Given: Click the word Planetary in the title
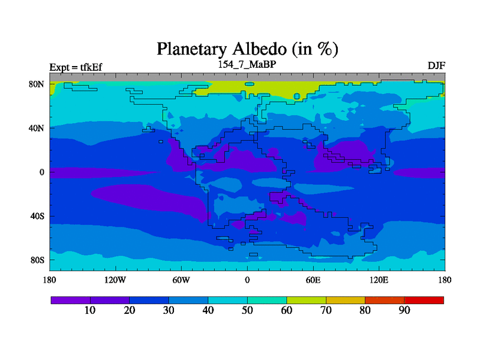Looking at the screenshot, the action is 192,50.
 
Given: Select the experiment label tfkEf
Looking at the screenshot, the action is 91,67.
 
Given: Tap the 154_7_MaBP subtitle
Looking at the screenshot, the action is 247,65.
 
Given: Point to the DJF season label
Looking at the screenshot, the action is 436,66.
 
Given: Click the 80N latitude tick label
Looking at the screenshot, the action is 37,84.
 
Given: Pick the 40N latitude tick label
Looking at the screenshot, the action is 37,128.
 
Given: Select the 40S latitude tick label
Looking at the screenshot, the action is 37,216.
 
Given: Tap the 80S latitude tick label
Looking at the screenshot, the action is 37,260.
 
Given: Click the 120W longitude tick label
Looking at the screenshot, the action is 115,280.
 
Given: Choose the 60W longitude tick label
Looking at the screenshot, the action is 181,280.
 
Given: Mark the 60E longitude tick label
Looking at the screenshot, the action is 313,280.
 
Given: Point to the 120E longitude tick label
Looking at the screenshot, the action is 379,280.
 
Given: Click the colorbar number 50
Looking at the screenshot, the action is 247,310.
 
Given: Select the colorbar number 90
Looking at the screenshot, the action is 404,310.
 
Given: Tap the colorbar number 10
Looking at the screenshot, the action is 90,310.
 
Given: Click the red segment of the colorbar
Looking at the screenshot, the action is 424,301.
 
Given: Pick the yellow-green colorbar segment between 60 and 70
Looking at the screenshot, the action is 307,301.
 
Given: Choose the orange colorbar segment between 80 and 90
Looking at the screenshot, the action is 385,301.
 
